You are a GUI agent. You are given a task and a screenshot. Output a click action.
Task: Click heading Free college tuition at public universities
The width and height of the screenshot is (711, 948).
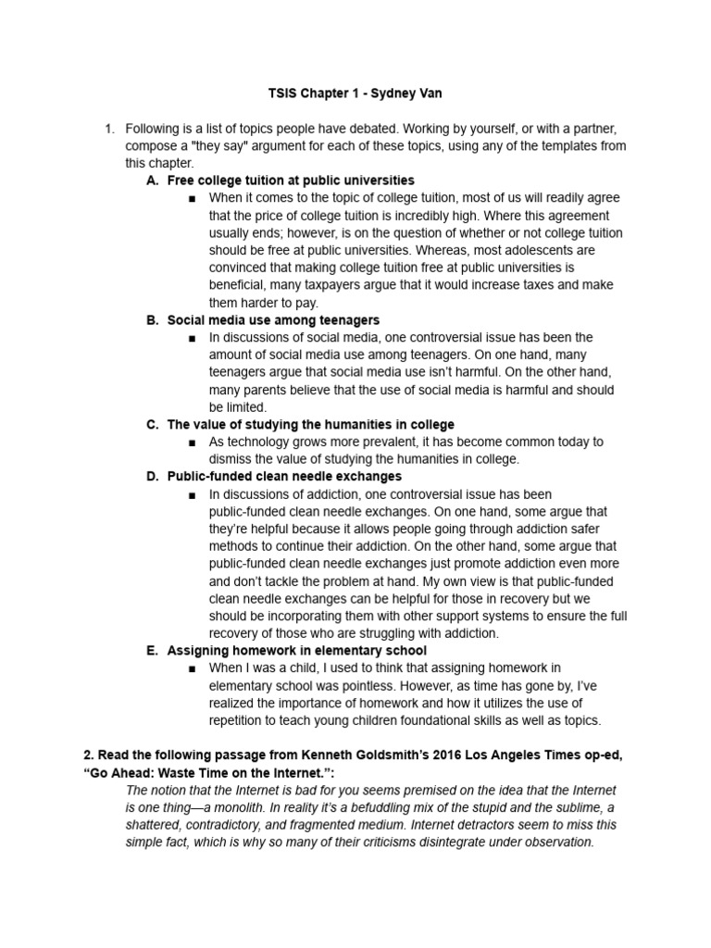click(x=291, y=181)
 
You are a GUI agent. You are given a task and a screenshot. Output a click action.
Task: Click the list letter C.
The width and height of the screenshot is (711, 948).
click(x=153, y=424)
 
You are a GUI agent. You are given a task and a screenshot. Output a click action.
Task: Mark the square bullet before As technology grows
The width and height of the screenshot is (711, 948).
click(x=192, y=443)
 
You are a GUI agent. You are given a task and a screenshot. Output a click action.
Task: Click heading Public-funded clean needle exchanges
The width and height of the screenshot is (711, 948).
click(x=284, y=476)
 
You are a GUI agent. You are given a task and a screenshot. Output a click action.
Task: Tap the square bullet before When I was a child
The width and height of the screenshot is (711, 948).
click(x=192, y=668)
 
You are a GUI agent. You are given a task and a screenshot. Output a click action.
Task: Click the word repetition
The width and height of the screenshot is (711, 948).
click(x=241, y=719)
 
